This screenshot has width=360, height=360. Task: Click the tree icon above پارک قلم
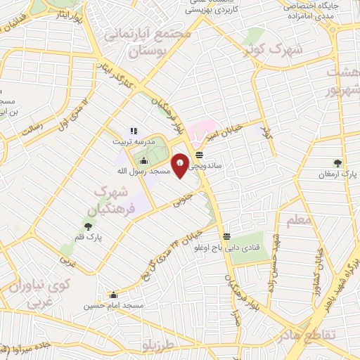pos(88,226)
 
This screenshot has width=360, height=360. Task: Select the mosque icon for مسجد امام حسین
pos(113,295)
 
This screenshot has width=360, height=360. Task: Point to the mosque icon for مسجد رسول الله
pos(144,161)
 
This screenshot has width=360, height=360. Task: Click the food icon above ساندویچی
pos(200,155)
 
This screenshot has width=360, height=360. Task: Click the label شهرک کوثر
pos(259,50)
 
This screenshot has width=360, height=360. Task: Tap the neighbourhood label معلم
pos(300,221)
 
